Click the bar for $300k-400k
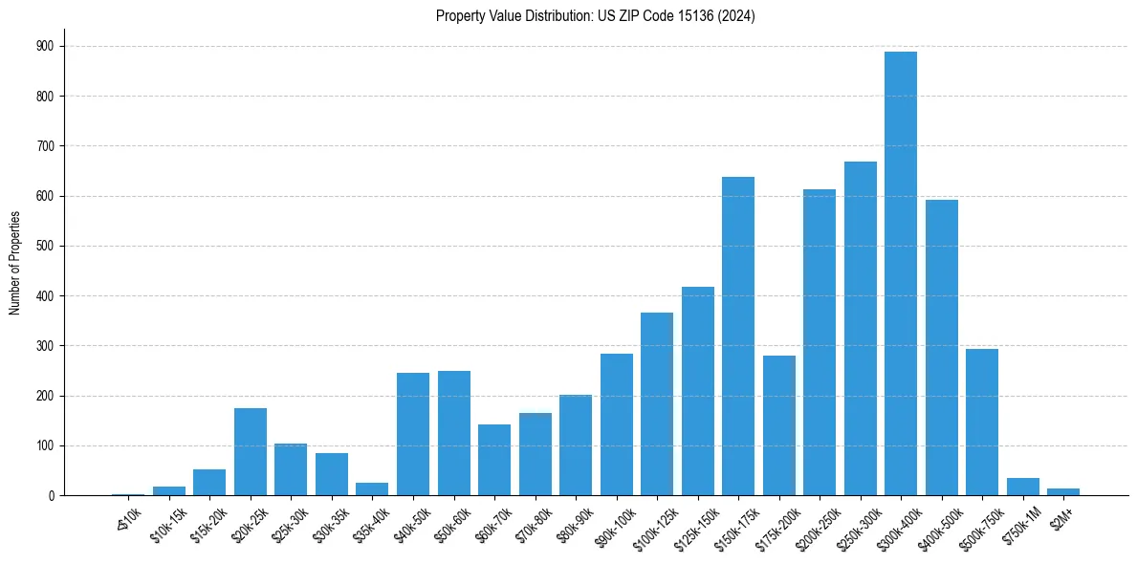900,273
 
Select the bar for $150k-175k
737,336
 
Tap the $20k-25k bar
250,451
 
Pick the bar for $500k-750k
981,422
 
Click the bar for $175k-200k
778,425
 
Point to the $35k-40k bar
372,488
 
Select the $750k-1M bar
1022,487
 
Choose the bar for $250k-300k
860,328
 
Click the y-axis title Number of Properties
14,263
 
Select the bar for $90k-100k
616,424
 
